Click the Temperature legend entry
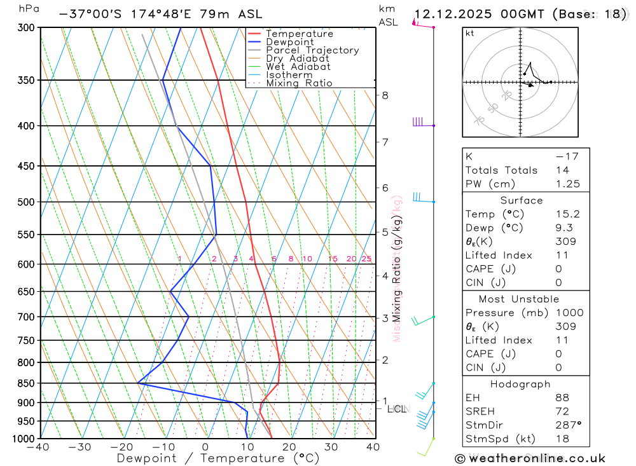point(299,34)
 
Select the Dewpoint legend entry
point(289,42)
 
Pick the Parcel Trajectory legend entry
point(312,50)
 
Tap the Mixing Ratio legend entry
point(299,83)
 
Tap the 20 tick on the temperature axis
point(289,447)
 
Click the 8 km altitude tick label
point(385,95)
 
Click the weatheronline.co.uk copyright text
point(530,458)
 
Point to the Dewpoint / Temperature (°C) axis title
point(218,458)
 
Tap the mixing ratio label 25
point(366,259)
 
